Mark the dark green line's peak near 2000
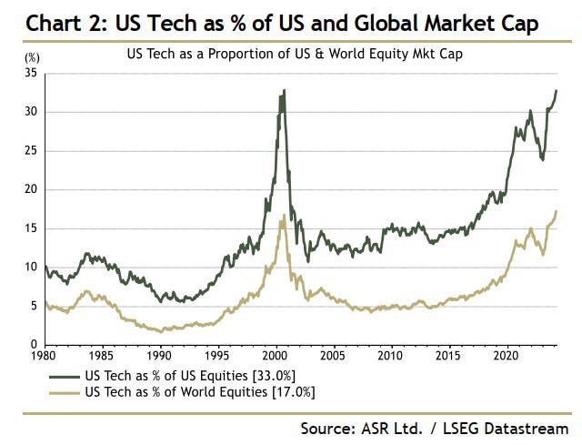click(x=284, y=91)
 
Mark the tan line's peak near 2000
click(x=284, y=216)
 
